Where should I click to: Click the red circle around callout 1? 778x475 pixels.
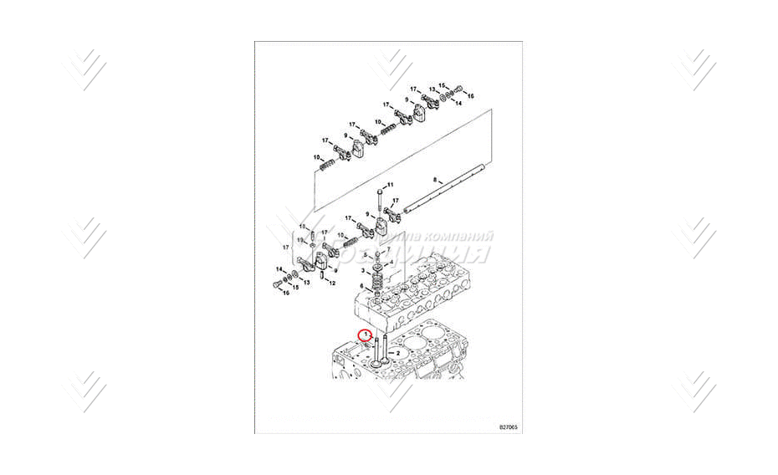tap(365, 335)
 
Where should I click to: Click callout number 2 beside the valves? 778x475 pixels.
tap(398, 354)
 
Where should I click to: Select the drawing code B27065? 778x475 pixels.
tap(508, 427)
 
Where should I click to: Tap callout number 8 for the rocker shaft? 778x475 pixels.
tap(435, 180)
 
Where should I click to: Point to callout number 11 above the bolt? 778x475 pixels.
tap(389, 184)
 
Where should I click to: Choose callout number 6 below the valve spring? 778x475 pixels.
tap(361, 286)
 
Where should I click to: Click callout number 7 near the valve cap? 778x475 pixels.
tap(389, 250)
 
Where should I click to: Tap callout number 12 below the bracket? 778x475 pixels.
tap(332, 283)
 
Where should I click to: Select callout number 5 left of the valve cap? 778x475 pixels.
tap(364, 253)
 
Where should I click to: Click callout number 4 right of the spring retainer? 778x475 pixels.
tap(389, 262)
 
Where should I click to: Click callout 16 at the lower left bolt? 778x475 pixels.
tap(285, 293)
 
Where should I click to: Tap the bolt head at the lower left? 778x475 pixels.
tap(275, 286)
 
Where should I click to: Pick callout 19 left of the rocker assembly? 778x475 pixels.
tap(302, 240)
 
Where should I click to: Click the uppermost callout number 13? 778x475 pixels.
tap(433, 89)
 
